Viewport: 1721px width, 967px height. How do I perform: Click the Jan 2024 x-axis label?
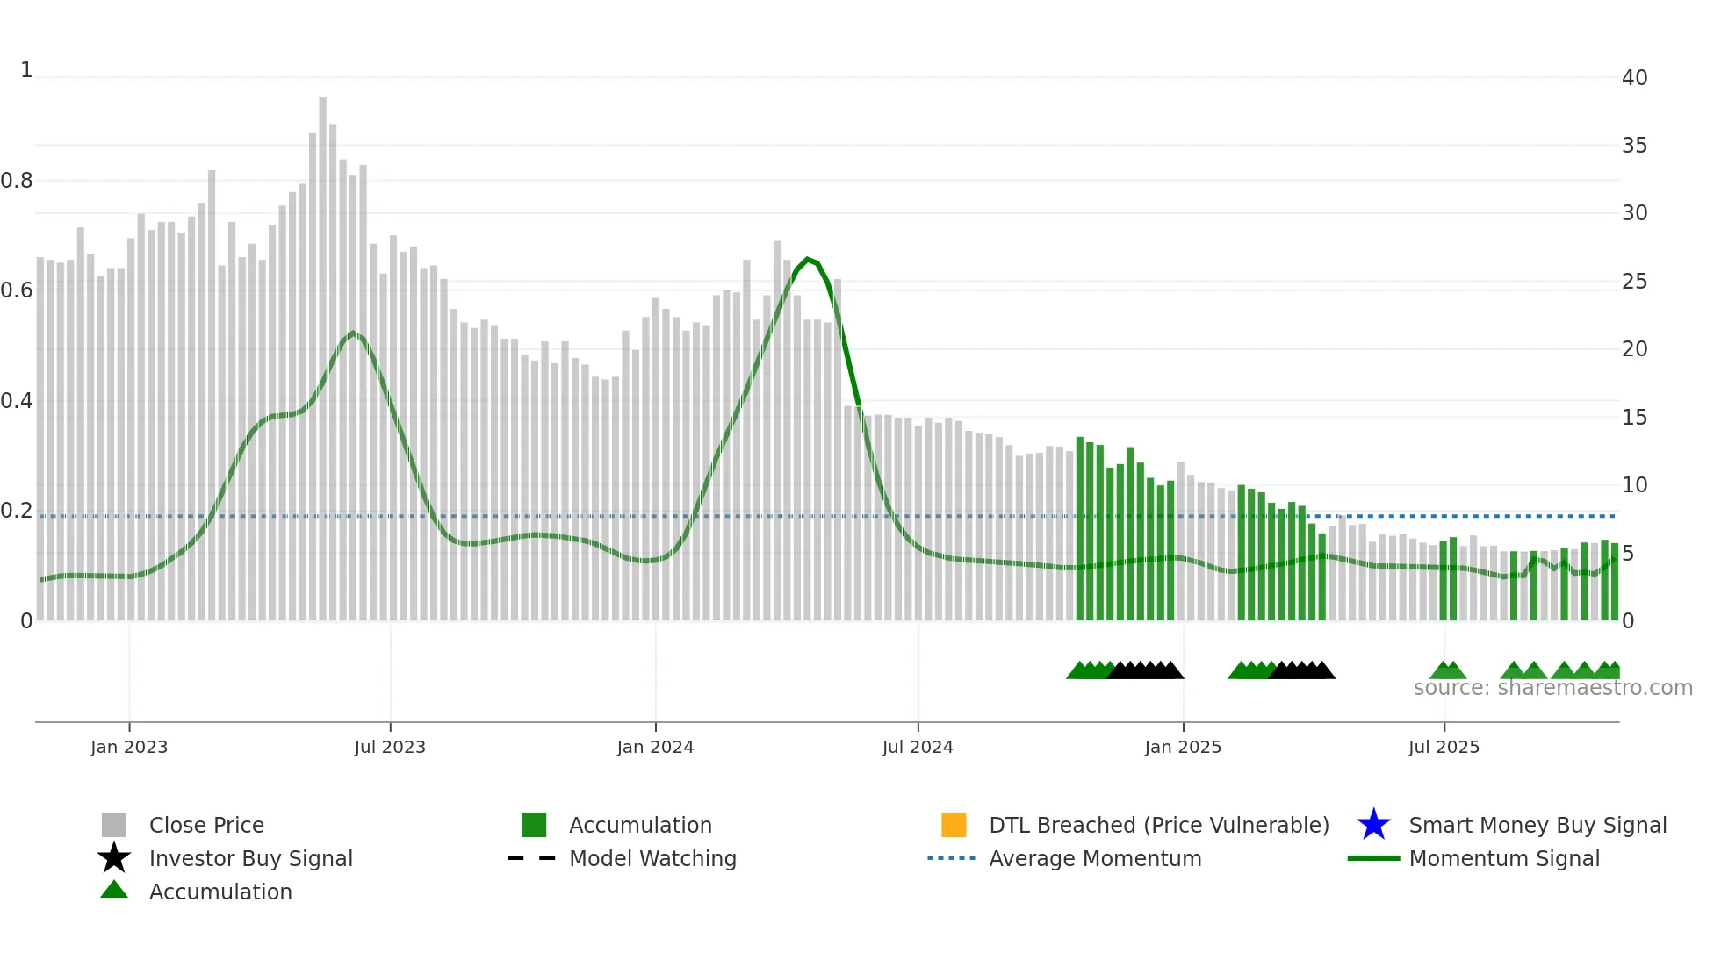[x=655, y=748]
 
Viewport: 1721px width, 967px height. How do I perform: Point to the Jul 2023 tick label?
[x=390, y=748]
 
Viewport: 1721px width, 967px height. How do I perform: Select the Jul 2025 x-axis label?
[x=1444, y=748]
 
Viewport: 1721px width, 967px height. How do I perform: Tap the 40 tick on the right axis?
[x=1634, y=78]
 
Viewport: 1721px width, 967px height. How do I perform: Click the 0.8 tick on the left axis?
[x=17, y=181]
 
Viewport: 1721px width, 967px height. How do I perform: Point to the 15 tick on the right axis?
[x=1634, y=418]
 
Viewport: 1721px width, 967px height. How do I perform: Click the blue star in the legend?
[x=1373, y=825]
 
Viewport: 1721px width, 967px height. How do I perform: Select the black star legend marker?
[x=114, y=858]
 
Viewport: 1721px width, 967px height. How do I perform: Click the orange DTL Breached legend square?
[x=954, y=825]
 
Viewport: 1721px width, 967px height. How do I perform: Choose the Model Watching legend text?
[x=652, y=858]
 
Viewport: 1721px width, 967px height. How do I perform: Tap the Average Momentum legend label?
[x=1095, y=858]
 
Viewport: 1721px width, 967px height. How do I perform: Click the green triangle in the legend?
[x=114, y=890]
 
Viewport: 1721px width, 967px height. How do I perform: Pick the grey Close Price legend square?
[x=114, y=825]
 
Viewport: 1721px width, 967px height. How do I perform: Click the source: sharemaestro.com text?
[x=1552, y=688]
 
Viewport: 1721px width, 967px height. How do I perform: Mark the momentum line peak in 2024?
[x=808, y=259]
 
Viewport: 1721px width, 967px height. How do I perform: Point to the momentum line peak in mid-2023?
[x=353, y=333]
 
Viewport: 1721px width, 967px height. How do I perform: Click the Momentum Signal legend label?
[x=1504, y=858]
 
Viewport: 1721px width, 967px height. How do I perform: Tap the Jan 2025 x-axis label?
[x=1183, y=748]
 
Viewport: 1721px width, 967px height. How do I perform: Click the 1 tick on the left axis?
[x=26, y=70]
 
